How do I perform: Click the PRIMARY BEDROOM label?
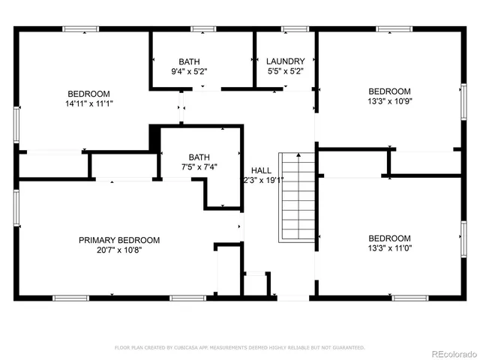coord(120,240)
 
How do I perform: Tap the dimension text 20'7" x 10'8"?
coord(120,250)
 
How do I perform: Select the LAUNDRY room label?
coord(285,61)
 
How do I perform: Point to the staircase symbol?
coord(296,196)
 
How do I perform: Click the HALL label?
coord(261,170)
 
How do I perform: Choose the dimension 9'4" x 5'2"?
coord(189,71)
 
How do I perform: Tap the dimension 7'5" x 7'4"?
coord(199,167)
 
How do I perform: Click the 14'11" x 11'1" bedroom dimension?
coord(89,103)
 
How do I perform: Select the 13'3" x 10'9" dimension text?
coord(389,100)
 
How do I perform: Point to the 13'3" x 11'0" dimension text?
coord(389,248)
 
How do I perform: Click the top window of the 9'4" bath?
coord(202,29)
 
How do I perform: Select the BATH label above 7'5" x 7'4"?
coord(199,157)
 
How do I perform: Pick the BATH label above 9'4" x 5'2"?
coord(189,61)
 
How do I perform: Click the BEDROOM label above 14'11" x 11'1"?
coord(89,93)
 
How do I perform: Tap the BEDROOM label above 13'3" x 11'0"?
coord(389,238)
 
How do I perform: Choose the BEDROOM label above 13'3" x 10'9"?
coord(389,90)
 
